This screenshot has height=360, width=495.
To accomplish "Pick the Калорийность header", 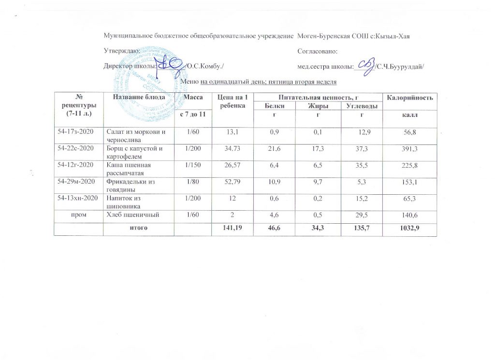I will [409, 99].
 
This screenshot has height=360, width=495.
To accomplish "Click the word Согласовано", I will [318, 51].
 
